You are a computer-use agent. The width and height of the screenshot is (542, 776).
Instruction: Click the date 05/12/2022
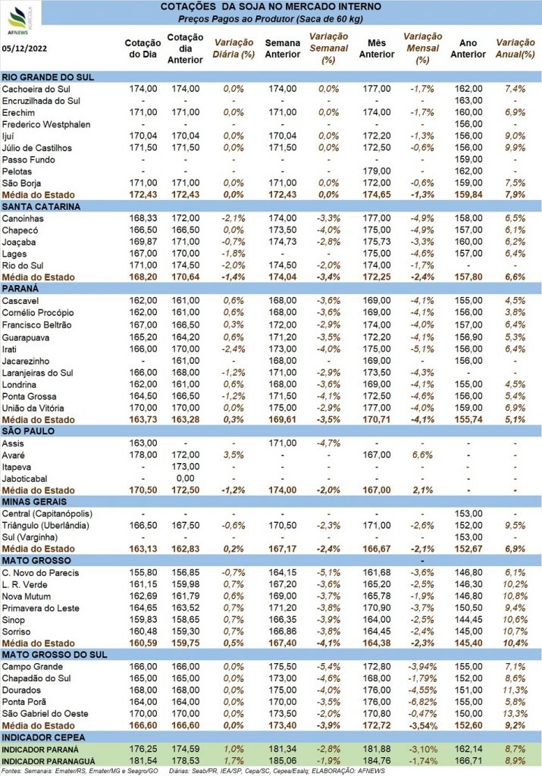click(24, 48)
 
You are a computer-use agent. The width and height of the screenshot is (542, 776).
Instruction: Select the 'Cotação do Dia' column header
click(143, 48)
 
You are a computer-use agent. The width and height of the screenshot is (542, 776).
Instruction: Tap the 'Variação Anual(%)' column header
click(515, 48)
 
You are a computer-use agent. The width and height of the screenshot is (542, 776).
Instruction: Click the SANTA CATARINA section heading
click(41, 207)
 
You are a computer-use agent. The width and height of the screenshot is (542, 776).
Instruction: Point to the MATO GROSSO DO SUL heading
click(55, 655)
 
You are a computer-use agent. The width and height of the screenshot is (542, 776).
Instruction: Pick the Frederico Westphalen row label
click(46, 125)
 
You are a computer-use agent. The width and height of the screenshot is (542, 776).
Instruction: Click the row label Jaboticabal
click(25, 479)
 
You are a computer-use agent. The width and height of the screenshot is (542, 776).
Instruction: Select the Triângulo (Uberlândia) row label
click(45, 526)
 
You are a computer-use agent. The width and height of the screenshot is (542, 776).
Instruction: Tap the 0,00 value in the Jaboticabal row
click(186, 479)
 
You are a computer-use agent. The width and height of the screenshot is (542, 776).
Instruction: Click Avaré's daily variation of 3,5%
click(233, 455)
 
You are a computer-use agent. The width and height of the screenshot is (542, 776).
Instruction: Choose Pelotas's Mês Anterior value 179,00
click(377, 171)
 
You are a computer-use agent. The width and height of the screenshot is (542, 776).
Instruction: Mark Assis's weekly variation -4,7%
click(329, 443)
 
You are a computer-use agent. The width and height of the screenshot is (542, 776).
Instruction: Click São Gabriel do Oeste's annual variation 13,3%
click(515, 714)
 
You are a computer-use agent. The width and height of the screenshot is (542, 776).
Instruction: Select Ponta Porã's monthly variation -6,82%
click(423, 702)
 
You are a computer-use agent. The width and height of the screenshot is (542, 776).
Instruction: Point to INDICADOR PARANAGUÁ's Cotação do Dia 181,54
click(143, 761)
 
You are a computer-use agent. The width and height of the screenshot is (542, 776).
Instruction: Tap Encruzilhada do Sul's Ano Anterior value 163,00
click(468, 101)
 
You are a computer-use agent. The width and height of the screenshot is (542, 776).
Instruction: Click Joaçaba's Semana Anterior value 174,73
click(283, 242)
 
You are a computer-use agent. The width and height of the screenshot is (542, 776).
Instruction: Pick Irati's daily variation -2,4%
click(233, 349)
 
